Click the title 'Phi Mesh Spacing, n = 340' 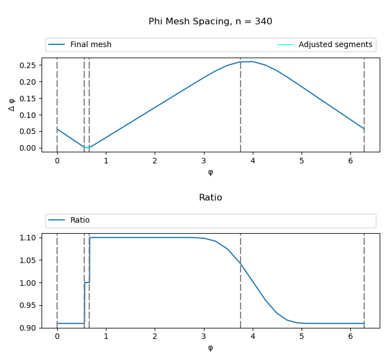point(210,22)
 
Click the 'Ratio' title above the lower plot point(210,198)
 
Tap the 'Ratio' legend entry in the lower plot point(80,220)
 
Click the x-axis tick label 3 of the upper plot point(204,161)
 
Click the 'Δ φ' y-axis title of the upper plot point(12,104)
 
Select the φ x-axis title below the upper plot point(210,172)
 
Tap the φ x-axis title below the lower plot point(210,348)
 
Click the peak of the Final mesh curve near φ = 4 point(247,61)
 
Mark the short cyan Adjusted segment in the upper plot point(87,147)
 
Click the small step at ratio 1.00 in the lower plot point(87,282)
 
